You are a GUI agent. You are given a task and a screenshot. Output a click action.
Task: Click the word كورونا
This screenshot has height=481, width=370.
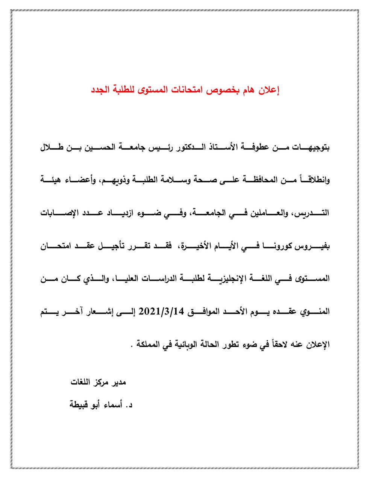point(271,246)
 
